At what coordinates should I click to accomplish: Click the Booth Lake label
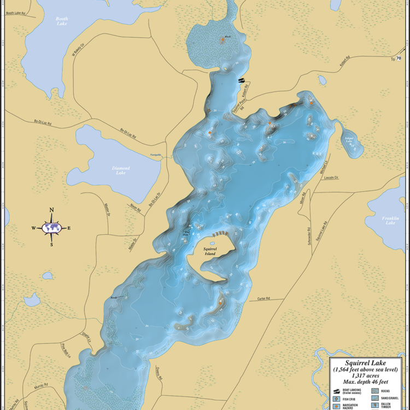[62, 21]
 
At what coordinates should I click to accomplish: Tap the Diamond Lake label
[121, 170]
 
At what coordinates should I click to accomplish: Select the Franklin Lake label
[390, 220]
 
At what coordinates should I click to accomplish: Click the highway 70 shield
[399, 58]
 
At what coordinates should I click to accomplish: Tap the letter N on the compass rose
[52, 210]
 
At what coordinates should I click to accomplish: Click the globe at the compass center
[52, 228]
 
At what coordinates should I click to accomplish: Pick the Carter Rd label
[265, 299]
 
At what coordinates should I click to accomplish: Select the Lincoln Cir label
[332, 178]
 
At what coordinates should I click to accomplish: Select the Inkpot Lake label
[350, 139]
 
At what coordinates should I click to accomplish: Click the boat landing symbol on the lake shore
[242, 80]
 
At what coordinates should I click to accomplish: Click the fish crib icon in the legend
[336, 399]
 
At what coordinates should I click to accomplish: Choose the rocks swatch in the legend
[374, 390]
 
